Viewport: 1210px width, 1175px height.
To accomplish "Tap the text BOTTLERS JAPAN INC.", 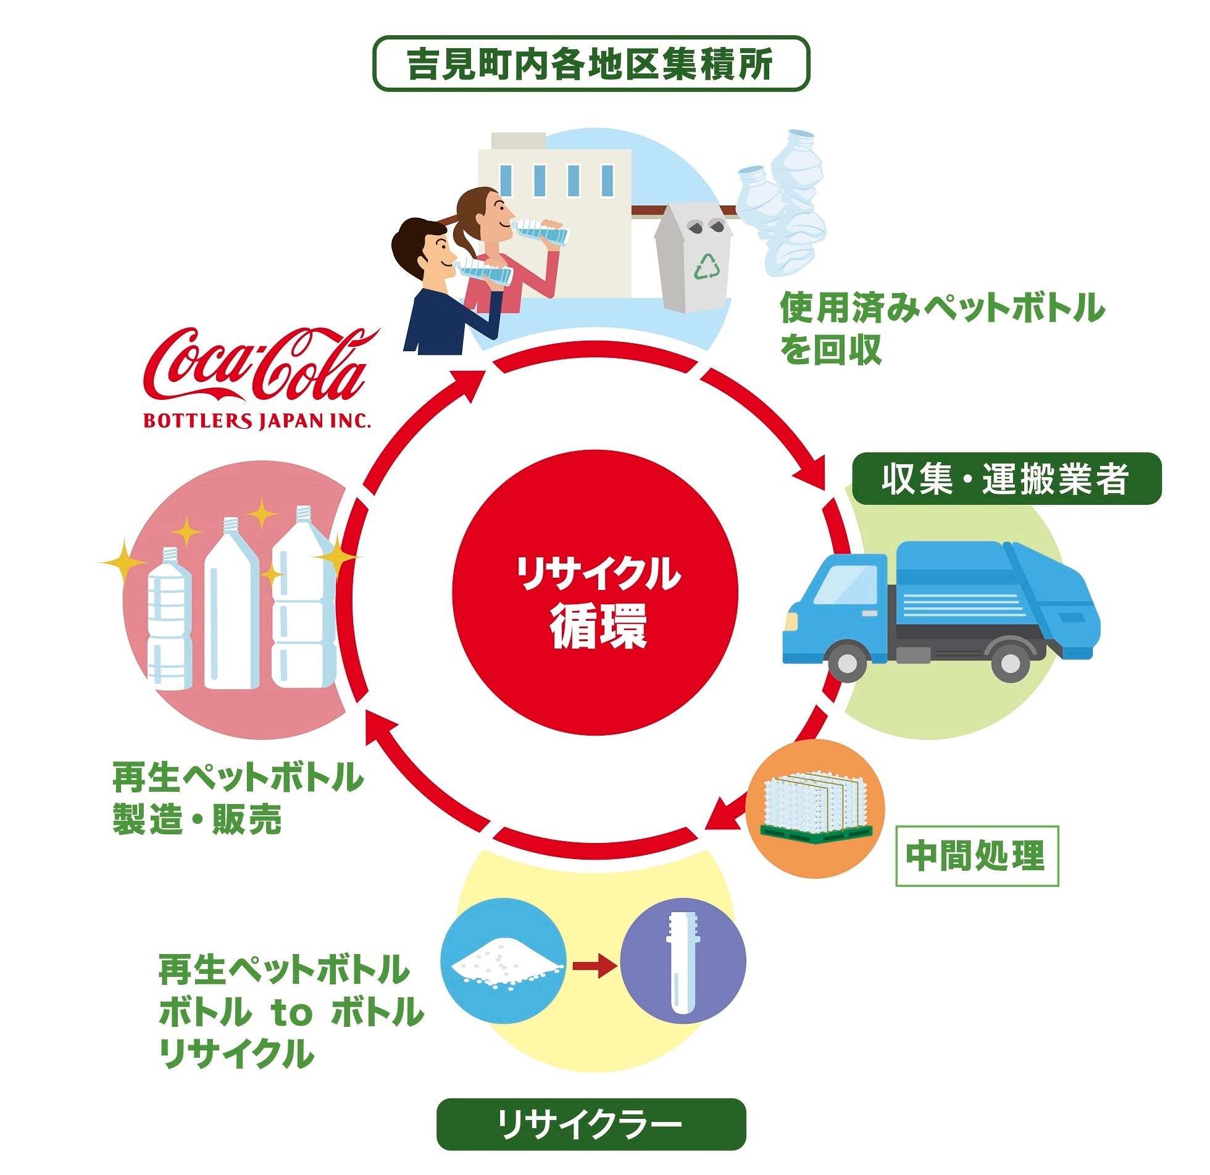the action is click(x=257, y=421).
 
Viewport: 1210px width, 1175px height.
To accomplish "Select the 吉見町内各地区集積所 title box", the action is click(x=591, y=64).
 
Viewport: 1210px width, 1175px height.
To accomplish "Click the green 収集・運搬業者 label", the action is click(x=1006, y=480).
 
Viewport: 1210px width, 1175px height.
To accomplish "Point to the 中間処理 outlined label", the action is click(x=977, y=856).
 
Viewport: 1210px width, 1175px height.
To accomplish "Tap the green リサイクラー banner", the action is click(x=591, y=1124).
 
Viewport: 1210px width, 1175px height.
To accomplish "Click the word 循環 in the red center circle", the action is click(x=598, y=626).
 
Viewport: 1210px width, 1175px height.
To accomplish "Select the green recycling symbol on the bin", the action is click(x=706, y=265).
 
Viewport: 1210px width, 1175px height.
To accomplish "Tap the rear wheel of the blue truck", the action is click(x=1010, y=662).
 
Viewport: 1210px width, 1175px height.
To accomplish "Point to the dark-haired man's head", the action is click(x=422, y=247).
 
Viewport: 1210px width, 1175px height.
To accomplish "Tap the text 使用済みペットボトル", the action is click(x=941, y=308).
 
